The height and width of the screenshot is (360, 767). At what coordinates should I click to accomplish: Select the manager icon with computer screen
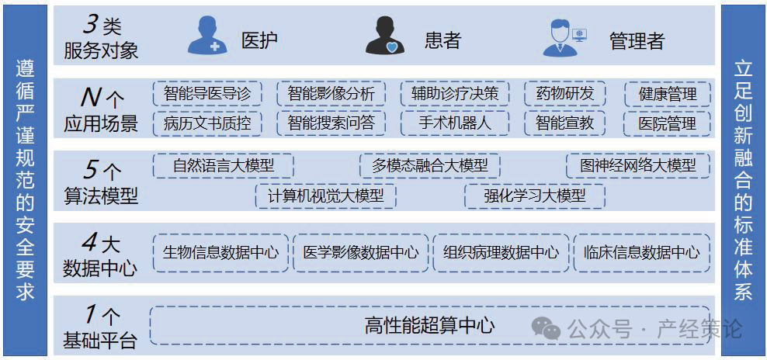pyautogui.click(x=564, y=36)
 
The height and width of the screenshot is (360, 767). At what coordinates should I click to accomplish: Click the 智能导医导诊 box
pyautogui.click(x=207, y=94)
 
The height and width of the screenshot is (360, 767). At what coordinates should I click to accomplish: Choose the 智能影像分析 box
pyautogui.click(x=331, y=94)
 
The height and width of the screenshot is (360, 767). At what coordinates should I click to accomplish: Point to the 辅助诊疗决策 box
pyautogui.click(x=455, y=94)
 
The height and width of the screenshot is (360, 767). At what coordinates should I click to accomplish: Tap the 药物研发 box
pyautogui.click(x=564, y=94)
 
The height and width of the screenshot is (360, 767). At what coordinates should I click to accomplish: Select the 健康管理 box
pyautogui.click(x=668, y=95)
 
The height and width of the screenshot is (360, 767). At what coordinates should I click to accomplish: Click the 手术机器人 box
pyautogui.click(x=455, y=123)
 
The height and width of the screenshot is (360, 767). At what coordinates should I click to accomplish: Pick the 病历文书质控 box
pyautogui.click(x=207, y=123)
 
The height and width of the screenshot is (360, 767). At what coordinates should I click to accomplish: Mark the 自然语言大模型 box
pyautogui.click(x=223, y=165)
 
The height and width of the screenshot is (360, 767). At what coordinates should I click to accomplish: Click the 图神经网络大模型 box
pyautogui.click(x=638, y=165)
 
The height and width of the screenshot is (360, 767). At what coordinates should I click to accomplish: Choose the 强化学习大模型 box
pyautogui.click(x=534, y=196)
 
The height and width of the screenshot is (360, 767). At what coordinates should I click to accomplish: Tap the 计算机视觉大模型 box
pyautogui.click(x=325, y=196)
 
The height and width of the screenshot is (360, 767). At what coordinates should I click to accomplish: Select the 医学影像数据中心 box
pyautogui.click(x=360, y=252)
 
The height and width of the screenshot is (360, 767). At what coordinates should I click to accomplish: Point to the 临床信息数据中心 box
pyautogui.click(x=641, y=252)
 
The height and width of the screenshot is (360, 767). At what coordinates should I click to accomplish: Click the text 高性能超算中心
pyautogui.click(x=429, y=326)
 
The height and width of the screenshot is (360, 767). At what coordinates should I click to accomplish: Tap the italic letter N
pyautogui.click(x=92, y=97)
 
